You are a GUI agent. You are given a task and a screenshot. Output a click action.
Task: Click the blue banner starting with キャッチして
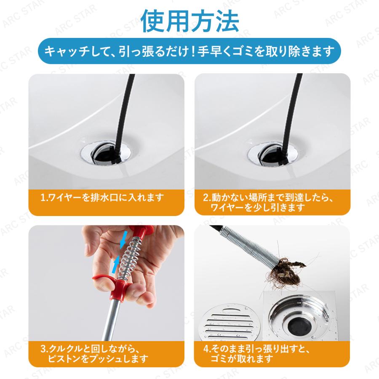point(189,51)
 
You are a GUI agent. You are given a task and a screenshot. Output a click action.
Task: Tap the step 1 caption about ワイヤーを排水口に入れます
point(101,197)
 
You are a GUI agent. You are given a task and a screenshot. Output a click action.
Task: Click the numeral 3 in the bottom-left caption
point(43,348)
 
